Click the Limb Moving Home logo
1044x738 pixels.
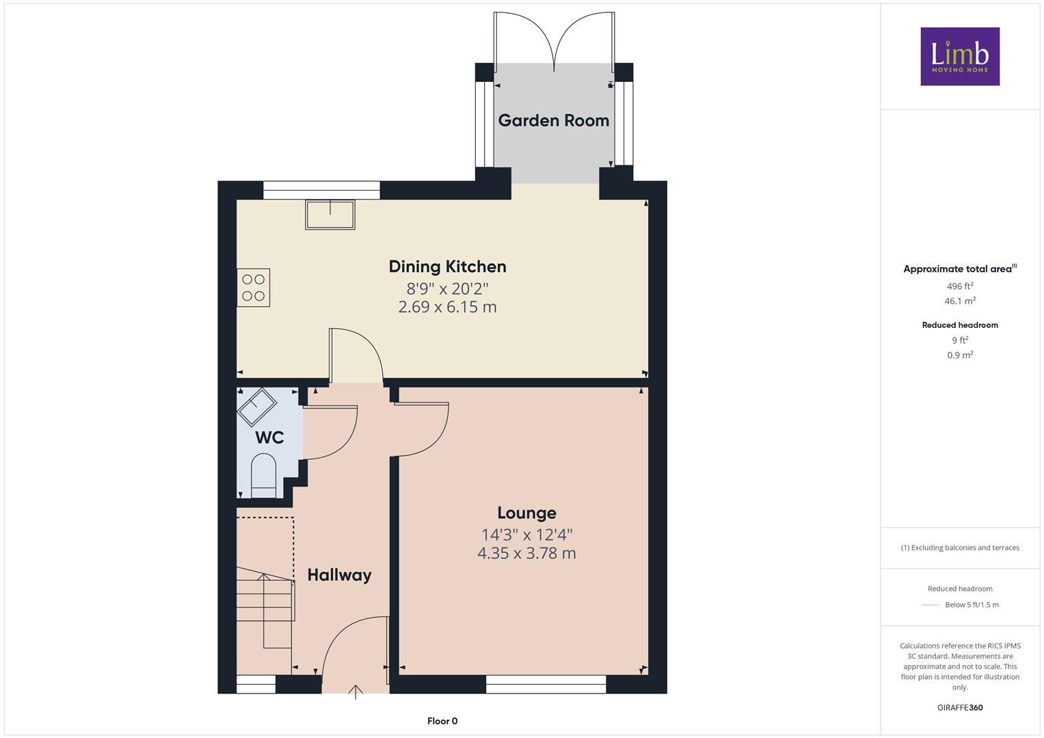point(959,56)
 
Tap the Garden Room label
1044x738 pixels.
point(553,121)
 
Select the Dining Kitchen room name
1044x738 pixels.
point(447,266)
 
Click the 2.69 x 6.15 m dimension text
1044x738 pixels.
point(447,307)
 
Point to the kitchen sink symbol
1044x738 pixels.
point(331,215)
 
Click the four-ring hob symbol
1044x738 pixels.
point(254,287)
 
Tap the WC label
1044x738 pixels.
point(269,438)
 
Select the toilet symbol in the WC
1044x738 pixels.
point(263,476)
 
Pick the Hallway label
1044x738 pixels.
point(339,575)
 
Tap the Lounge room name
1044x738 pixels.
point(526,512)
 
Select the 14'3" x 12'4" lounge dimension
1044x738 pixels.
point(526,534)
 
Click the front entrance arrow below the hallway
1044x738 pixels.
point(356,692)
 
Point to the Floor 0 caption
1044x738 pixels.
point(442,721)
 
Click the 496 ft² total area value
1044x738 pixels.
point(959,286)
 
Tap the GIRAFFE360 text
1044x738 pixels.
point(959,707)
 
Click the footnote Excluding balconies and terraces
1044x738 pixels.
point(959,547)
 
